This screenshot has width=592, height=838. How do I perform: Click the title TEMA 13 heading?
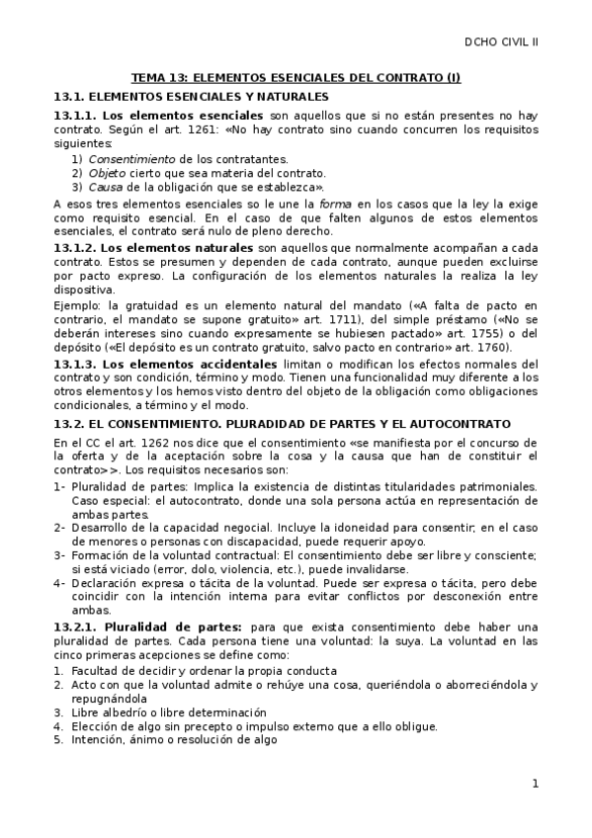point(296,77)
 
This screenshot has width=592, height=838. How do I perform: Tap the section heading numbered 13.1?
point(190,97)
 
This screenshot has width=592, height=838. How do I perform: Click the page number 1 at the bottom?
point(535,785)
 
